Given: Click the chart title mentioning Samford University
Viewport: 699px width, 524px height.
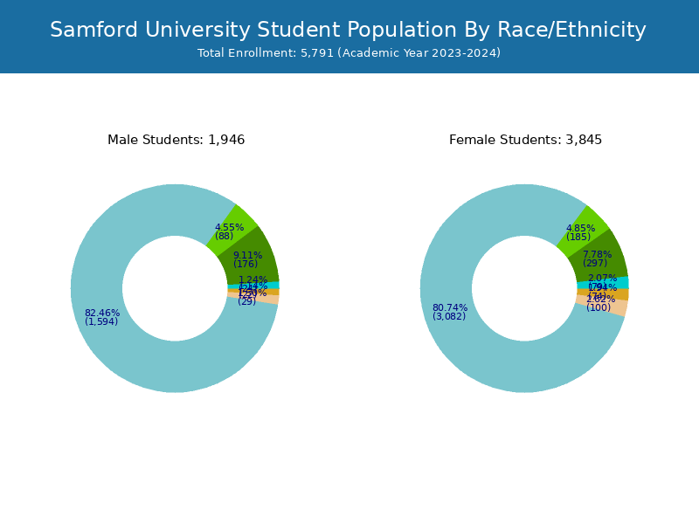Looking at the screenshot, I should [348, 31].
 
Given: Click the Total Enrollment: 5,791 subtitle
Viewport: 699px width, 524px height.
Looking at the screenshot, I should [349, 53].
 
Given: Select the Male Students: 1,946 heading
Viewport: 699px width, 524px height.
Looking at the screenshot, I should [176, 140].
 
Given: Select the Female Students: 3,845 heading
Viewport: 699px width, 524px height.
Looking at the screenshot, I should [525, 140].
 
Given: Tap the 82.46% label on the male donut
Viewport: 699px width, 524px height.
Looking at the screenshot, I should [102, 313].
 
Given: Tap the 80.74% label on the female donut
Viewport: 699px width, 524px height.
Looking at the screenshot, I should [450, 307].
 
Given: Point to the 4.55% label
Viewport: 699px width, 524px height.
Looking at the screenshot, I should [230, 227].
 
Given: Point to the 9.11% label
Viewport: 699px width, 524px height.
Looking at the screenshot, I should [247, 255].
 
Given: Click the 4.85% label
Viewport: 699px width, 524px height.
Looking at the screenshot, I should [580, 228].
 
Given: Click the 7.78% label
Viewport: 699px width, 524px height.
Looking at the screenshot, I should [598, 254].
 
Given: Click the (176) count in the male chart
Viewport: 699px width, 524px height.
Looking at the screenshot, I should [246, 264].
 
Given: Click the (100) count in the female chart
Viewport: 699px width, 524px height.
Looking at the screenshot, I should [599, 307].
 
